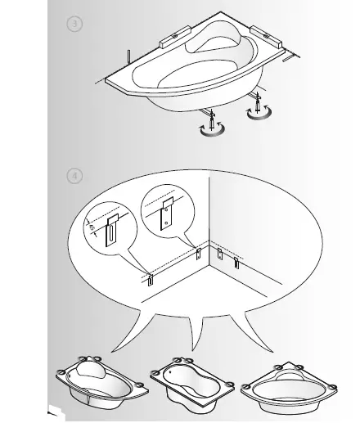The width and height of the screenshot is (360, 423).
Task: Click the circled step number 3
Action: [x=75, y=25]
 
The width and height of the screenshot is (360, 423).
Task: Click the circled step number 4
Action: [x=75, y=174]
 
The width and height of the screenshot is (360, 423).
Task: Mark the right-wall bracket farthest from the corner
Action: [x=236, y=263]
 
